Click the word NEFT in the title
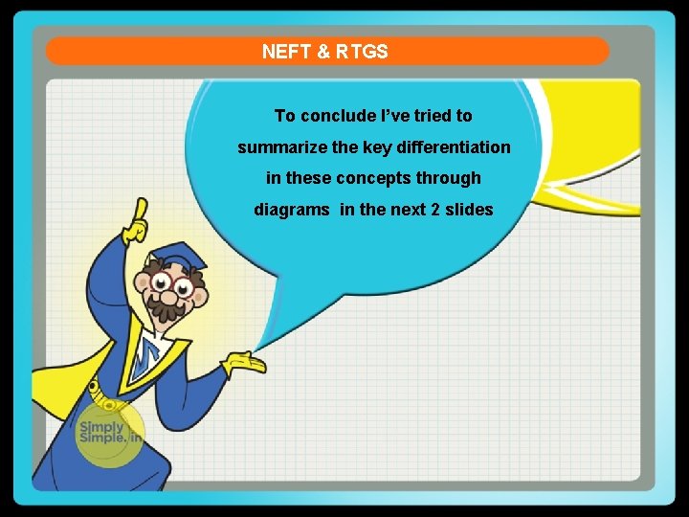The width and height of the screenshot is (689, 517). point(284,52)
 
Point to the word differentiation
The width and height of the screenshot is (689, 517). point(454,147)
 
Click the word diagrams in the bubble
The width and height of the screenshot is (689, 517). point(292,209)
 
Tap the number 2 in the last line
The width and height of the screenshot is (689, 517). point(436,209)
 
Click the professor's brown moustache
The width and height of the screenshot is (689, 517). point(170,308)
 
